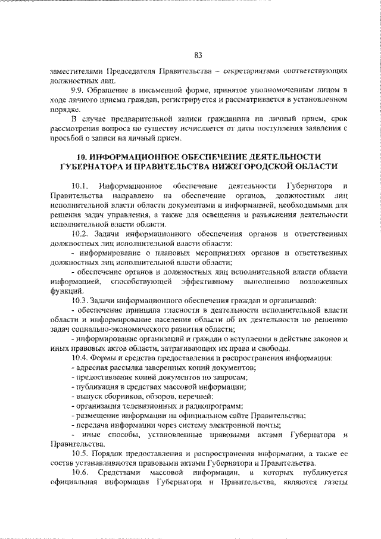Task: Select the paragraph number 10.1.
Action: (x=80, y=185)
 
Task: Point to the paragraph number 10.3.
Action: (x=79, y=300)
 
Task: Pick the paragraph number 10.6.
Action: (x=79, y=473)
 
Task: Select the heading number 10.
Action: (x=76, y=156)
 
